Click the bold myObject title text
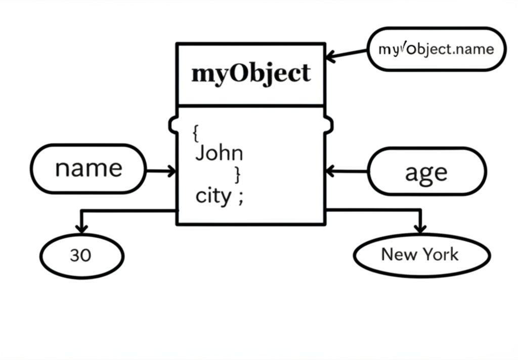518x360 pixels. (250, 74)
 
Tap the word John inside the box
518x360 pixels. (219, 153)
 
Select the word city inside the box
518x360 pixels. (213, 196)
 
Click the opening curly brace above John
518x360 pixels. (195, 133)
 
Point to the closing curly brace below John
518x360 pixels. (238, 175)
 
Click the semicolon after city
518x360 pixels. (240, 197)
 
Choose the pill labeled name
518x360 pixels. (89, 168)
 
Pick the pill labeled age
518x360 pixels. (426, 172)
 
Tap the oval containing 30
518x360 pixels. (81, 256)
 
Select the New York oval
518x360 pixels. (421, 254)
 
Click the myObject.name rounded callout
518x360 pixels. (436, 49)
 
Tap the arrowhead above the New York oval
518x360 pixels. (420, 228)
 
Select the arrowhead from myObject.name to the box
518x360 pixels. (331, 56)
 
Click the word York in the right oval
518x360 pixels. (442, 254)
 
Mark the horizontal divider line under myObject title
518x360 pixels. (250, 106)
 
